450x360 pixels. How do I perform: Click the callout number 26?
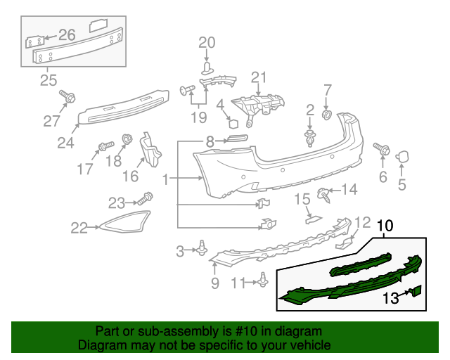click(67, 34)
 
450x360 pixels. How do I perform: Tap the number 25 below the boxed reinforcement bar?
click(48, 80)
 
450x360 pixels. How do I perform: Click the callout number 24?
click(65, 143)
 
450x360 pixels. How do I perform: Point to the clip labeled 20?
click(207, 67)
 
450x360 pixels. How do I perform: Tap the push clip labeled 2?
click(309, 136)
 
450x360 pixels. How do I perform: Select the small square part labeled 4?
click(232, 122)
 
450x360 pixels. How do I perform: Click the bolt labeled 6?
click(384, 149)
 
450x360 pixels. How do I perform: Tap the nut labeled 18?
click(128, 139)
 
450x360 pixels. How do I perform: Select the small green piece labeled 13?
click(416, 292)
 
